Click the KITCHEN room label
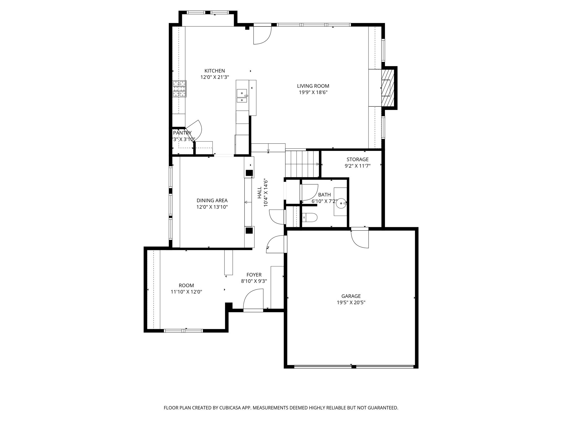pyautogui.click(x=214, y=71)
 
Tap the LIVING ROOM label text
pyautogui.click(x=313, y=86)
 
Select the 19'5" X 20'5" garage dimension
pyautogui.click(x=351, y=302)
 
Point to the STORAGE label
pyautogui.click(x=357, y=159)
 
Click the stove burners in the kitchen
pyautogui.click(x=179, y=88)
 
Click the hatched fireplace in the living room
pyautogui.click(x=388, y=88)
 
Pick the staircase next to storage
pyautogui.click(x=302, y=164)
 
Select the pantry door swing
pyautogui.click(x=195, y=130)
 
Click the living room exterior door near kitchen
pyautogui.click(x=262, y=35)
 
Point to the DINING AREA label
pyautogui.click(x=212, y=201)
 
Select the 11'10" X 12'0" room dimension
pyautogui.click(x=186, y=292)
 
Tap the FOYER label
pyautogui.click(x=254, y=275)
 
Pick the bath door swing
pyautogui.click(x=309, y=192)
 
